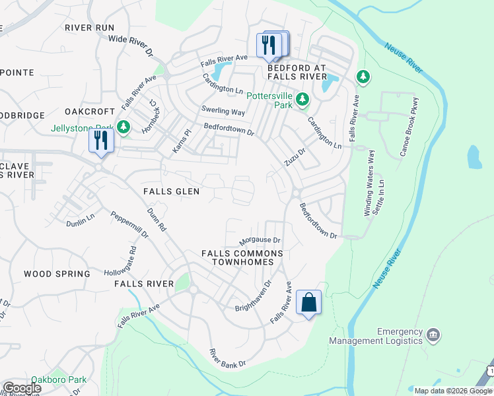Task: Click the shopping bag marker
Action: (308, 303)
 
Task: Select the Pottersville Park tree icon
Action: (302, 100)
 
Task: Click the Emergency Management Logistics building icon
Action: (433, 335)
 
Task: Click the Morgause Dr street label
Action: (260, 241)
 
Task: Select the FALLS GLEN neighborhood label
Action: (171, 191)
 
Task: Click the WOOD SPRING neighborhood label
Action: (57, 274)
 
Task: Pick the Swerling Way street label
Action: (223, 112)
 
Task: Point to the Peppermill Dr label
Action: (129, 225)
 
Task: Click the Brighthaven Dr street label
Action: (254, 297)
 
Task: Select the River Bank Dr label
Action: (227, 358)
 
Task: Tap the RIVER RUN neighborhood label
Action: (90, 28)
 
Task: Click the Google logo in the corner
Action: (22, 388)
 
